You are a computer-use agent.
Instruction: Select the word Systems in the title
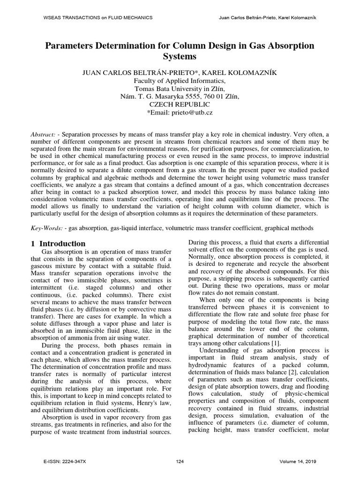[x=180, y=57]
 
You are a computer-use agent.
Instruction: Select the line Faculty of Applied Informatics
[x=180, y=81]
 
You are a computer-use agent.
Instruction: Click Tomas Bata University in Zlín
[x=180, y=89]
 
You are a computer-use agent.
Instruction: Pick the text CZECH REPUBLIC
[x=180, y=105]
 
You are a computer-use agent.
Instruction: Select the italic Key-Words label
[x=46, y=228]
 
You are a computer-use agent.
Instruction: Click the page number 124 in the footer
[x=180, y=462]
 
